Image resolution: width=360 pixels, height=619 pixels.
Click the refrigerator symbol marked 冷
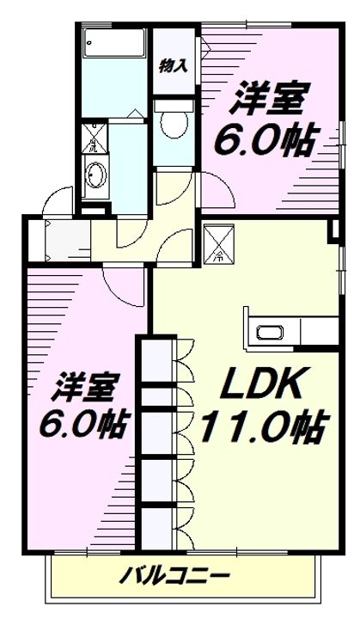(x=218, y=242)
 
